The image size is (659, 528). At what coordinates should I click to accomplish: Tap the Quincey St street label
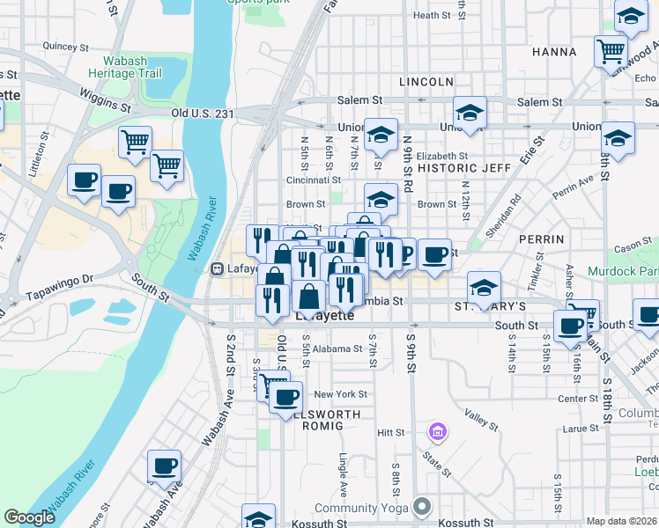click(x=61, y=46)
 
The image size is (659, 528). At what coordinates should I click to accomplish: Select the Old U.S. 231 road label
click(x=203, y=114)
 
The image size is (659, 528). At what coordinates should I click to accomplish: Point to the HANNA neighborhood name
click(x=554, y=53)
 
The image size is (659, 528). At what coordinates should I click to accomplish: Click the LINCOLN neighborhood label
click(x=426, y=82)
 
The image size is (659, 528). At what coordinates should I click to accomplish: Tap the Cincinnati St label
click(x=307, y=180)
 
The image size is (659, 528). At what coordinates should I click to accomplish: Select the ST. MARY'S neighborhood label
click(x=490, y=307)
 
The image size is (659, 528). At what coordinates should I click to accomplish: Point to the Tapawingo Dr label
click(x=60, y=279)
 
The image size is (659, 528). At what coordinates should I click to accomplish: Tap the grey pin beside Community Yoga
click(x=423, y=507)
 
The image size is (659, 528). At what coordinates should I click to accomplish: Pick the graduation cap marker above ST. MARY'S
click(x=483, y=287)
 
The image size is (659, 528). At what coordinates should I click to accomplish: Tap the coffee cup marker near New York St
click(x=285, y=397)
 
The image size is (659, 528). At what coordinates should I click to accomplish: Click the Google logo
click(x=29, y=518)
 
